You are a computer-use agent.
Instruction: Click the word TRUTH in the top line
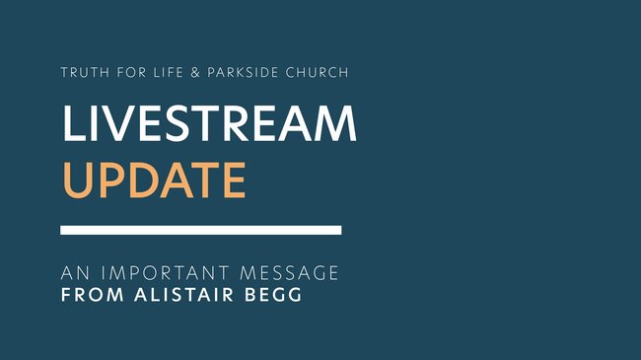[81, 74]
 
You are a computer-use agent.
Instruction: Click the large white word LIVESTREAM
[209, 123]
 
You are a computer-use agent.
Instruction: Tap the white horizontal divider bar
[201, 230]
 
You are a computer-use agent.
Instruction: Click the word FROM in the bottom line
[86, 295]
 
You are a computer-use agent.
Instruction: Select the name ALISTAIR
[173, 295]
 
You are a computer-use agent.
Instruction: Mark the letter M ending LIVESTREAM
[333, 123]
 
